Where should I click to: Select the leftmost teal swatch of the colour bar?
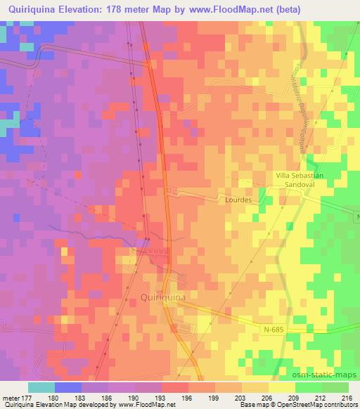(x=41, y=387)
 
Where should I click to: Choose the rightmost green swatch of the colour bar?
(x=335, y=387)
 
